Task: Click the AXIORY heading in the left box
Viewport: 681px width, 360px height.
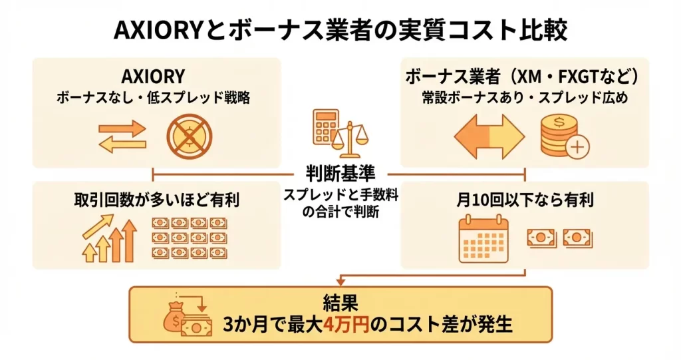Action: (x=154, y=77)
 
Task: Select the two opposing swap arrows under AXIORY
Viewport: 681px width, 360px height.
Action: (x=122, y=136)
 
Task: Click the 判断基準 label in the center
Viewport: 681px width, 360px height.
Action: (x=340, y=174)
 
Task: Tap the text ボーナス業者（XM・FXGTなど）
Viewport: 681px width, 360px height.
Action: (x=524, y=77)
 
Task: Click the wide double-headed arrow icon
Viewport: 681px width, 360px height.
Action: (x=489, y=136)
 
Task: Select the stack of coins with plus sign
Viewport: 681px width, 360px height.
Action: (x=562, y=136)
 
